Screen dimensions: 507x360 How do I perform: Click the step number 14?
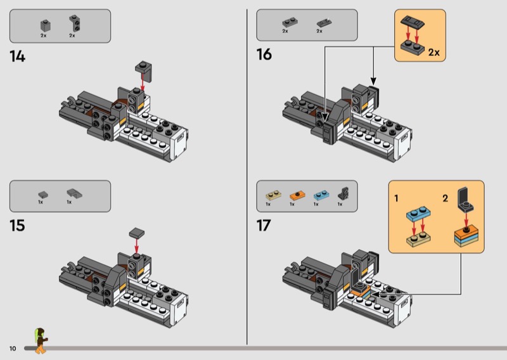pos(18,56)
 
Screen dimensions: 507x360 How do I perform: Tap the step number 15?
pos(18,226)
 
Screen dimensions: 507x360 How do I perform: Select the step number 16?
pos(264,55)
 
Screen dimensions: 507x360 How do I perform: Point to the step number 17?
pos(264,226)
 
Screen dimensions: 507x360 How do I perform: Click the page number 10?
pos(13,349)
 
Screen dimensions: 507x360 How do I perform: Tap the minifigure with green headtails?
pos(41,340)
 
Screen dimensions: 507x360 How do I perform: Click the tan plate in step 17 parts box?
pos(273,195)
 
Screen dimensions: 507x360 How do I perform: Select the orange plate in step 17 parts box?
pos(297,195)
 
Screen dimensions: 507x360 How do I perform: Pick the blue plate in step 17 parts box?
pos(321,195)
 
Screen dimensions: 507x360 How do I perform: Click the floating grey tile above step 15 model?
pos(137,233)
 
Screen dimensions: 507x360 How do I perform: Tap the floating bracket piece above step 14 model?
pos(144,70)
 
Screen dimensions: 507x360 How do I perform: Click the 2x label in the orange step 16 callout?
pos(434,53)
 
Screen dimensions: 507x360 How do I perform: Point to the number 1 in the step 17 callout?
pos(397,198)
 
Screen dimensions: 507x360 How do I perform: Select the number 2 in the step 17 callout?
pos(446,198)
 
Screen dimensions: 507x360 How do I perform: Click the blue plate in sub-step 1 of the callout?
pos(418,214)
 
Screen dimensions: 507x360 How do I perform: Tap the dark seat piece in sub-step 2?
pos(466,200)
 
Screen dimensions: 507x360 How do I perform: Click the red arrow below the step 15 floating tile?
pos(136,246)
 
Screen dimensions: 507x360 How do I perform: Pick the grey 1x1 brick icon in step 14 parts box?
pos(45,25)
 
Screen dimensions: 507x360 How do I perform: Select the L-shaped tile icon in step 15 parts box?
pos(74,193)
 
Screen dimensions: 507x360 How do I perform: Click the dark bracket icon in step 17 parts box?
pos(343,193)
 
